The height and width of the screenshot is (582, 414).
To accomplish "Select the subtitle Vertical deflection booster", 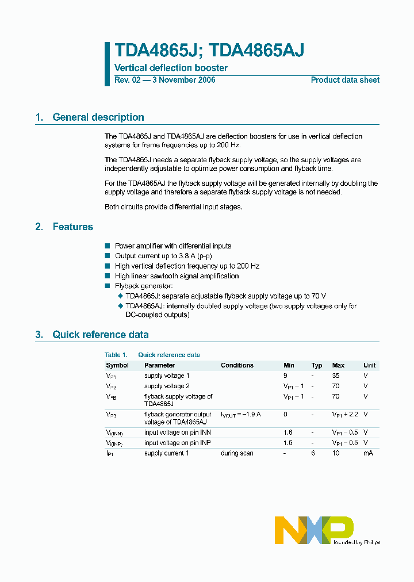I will click(x=171, y=68).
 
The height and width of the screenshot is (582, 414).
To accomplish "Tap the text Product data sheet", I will click(x=345, y=80).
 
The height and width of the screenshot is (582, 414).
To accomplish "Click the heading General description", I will click(x=98, y=117).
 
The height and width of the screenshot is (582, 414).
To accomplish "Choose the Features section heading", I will click(x=73, y=227).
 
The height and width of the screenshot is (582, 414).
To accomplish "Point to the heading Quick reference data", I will click(x=101, y=335).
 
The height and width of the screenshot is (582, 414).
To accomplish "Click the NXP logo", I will click(x=313, y=530).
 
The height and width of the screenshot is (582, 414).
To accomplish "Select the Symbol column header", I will click(x=117, y=365).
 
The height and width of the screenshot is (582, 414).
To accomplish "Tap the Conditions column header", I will click(x=237, y=365).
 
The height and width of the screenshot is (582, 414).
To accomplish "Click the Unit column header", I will click(x=369, y=365).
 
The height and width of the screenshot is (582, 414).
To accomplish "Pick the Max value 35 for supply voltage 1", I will click(x=336, y=376).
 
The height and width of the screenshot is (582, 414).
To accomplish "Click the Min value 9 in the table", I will click(x=285, y=376).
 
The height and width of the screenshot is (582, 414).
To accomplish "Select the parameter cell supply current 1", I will click(x=167, y=453).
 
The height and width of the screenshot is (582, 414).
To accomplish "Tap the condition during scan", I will click(x=237, y=453).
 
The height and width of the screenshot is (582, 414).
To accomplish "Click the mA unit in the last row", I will click(x=368, y=453).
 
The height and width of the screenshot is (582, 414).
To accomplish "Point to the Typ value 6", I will click(x=313, y=453).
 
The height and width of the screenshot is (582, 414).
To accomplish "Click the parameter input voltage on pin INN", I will click(x=177, y=432).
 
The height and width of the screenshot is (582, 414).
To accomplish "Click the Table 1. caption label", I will click(x=116, y=355).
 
